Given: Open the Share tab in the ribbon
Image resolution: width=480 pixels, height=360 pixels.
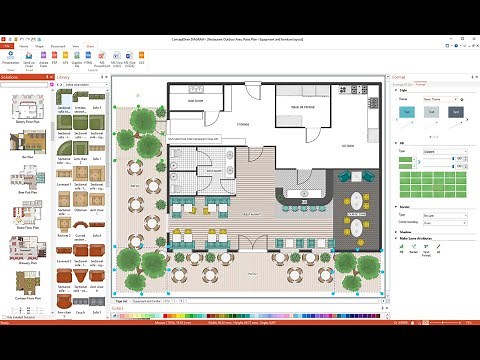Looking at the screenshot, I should [x=89, y=46].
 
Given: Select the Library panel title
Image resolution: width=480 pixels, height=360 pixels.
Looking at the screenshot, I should [x=65, y=76].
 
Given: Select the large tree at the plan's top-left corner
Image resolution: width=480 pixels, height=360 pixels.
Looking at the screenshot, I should [x=142, y=121].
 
